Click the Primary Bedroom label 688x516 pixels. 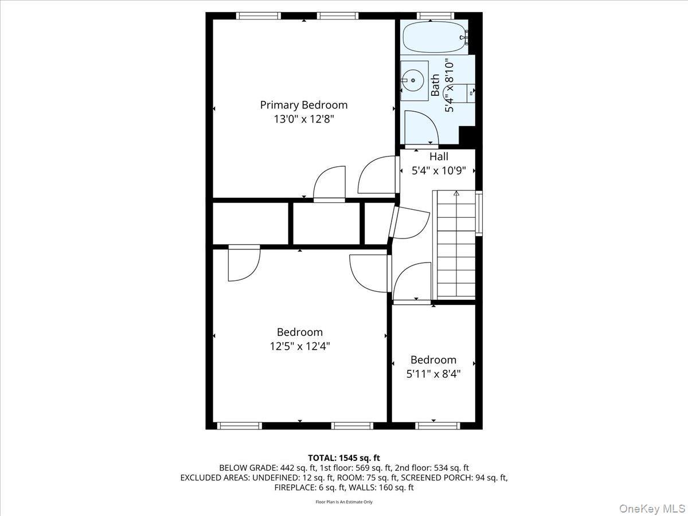pos(303,105)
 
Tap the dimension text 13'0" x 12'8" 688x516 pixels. pos(303,119)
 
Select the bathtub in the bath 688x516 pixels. pos(433,37)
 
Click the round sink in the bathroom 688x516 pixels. pos(412,80)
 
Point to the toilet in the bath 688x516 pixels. pos(469,92)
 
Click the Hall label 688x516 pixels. pos(439,157)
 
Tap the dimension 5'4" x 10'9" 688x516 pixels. pos(439,171)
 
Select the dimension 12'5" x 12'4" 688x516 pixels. pos(300,346)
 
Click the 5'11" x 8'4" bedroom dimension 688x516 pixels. pos(433,374)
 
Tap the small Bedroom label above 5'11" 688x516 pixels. pos(433,359)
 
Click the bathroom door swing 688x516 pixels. pos(420,127)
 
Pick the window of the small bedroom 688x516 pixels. pos(437,425)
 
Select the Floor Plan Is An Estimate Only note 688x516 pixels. pos(343,502)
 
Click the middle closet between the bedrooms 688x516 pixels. pos(327,223)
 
